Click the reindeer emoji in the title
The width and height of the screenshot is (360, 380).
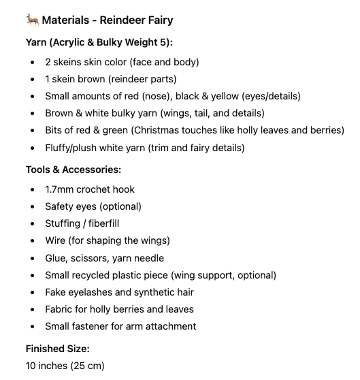[32, 20]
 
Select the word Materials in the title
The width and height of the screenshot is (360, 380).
[71, 20]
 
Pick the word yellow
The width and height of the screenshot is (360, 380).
[232, 96]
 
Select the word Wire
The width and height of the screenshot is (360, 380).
[56, 240]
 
